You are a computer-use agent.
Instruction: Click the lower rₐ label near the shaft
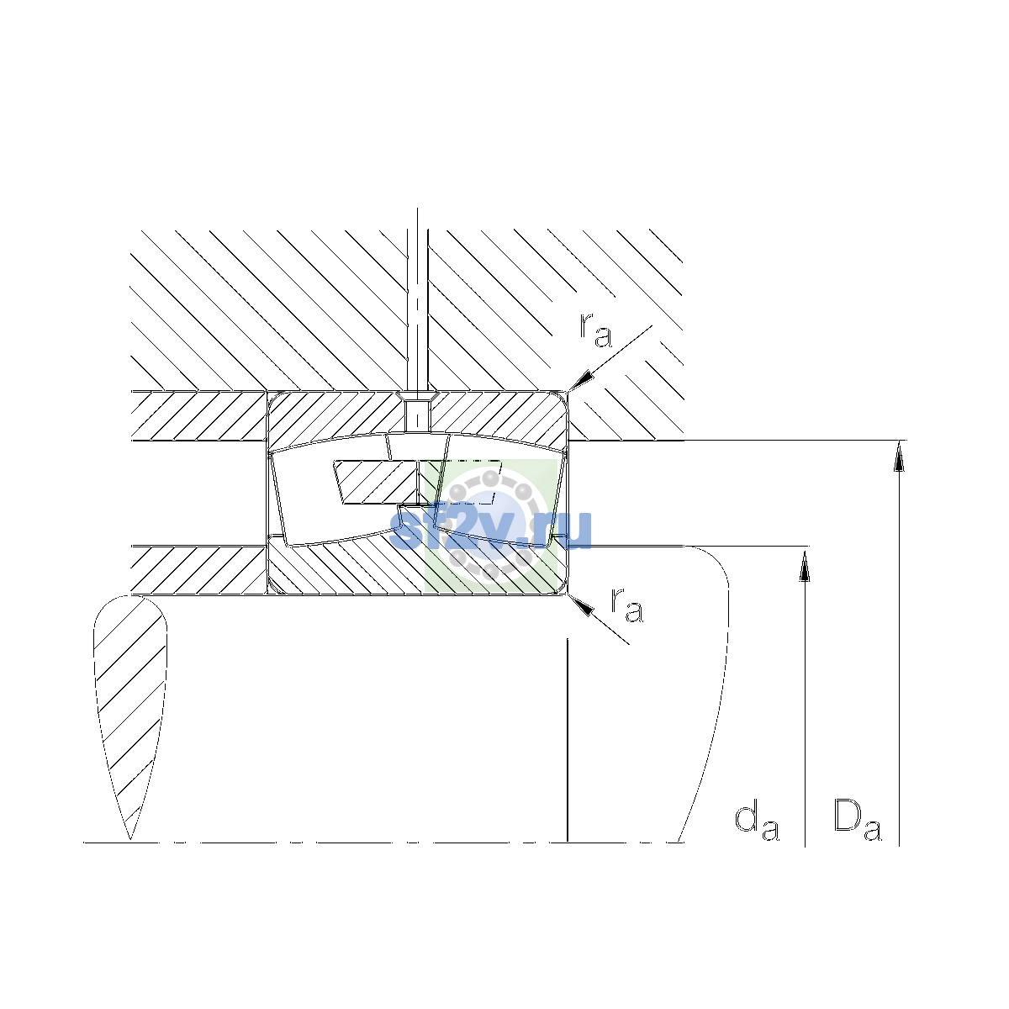pos(626,605)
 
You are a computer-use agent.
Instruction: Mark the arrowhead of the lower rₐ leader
pos(581,605)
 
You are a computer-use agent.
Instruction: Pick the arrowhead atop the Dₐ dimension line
pos(899,456)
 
